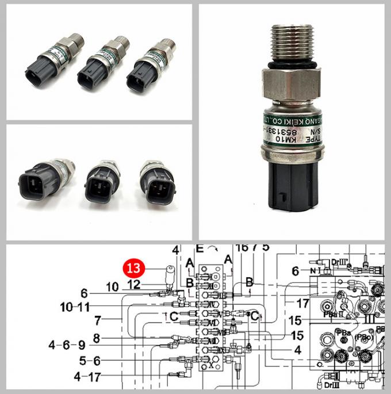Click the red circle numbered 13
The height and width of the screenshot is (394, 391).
(133, 268)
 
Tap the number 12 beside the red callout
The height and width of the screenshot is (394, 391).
(133, 284)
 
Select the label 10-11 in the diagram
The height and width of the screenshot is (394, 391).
(74, 307)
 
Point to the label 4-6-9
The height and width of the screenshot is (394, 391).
(67, 346)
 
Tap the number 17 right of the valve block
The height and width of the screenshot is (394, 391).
(303, 301)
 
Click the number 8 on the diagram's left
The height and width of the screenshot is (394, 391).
(97, 338)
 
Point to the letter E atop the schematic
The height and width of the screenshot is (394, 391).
(200, 250)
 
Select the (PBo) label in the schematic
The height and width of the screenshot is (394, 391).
(364, 336)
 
